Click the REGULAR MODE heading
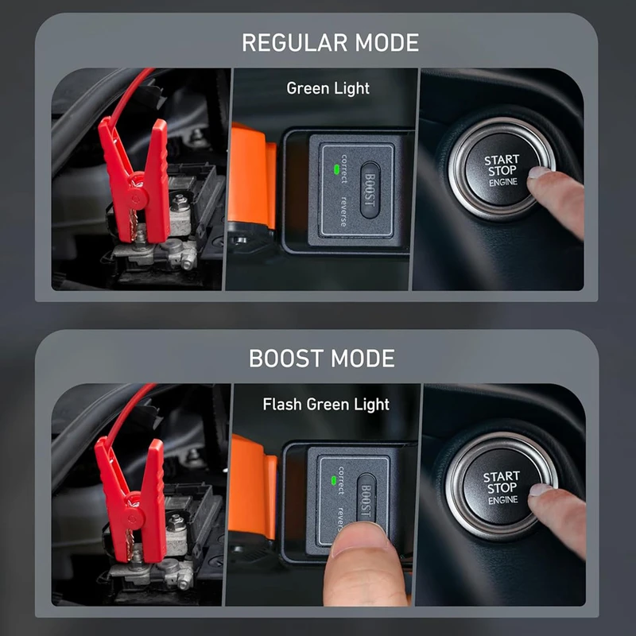tap(330, 43)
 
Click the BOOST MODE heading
tap(322, 359)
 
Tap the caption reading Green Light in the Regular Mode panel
tap(328, 88)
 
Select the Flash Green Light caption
tap(326, 405)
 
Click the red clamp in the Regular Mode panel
tap(136, 178)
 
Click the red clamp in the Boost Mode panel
tap(132, 499)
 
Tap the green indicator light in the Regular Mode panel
tap(335, 169)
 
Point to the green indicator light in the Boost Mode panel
tap(333, 481)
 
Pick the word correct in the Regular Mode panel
tap(344, 169)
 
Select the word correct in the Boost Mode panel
tap(341, 481)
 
